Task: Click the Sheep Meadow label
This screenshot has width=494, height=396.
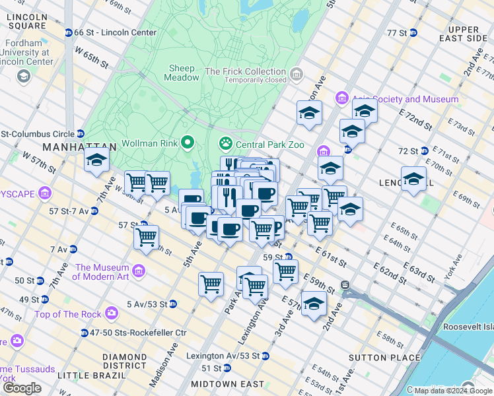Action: [x=182, y=73]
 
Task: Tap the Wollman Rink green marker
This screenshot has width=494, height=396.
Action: [x=188, y=143]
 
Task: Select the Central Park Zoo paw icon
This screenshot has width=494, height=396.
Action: [x=226, y=143]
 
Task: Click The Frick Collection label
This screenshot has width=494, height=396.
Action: [x=246, y=71]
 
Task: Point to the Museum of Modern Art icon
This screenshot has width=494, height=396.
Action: [x=139, y=271]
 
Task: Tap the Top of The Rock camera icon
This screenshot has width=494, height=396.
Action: [x=112, y=311]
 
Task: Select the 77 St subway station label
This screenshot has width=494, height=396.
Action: [x=400, y=32]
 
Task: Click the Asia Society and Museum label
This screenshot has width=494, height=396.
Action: [x=404, y=99]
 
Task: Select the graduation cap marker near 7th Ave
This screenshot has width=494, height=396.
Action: [x=96, y=160]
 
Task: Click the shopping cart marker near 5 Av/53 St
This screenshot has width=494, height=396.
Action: [x=211, y=284]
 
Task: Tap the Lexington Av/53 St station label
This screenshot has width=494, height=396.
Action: [x=223, y=356]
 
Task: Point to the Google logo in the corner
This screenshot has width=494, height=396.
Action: [x=22, y=388]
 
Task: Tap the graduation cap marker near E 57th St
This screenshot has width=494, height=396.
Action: [x=314, y=304]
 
